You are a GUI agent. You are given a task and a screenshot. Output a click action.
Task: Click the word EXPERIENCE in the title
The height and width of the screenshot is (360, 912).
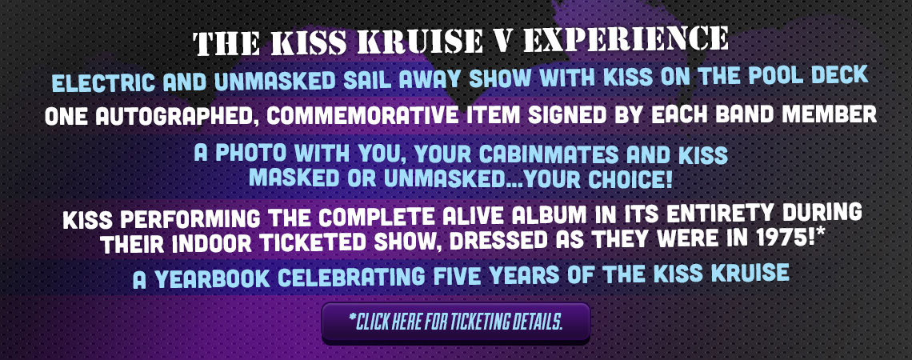626,40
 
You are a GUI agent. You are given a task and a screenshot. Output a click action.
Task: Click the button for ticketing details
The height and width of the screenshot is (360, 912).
455,322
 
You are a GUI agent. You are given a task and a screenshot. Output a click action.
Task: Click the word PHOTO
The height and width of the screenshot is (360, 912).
254,154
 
